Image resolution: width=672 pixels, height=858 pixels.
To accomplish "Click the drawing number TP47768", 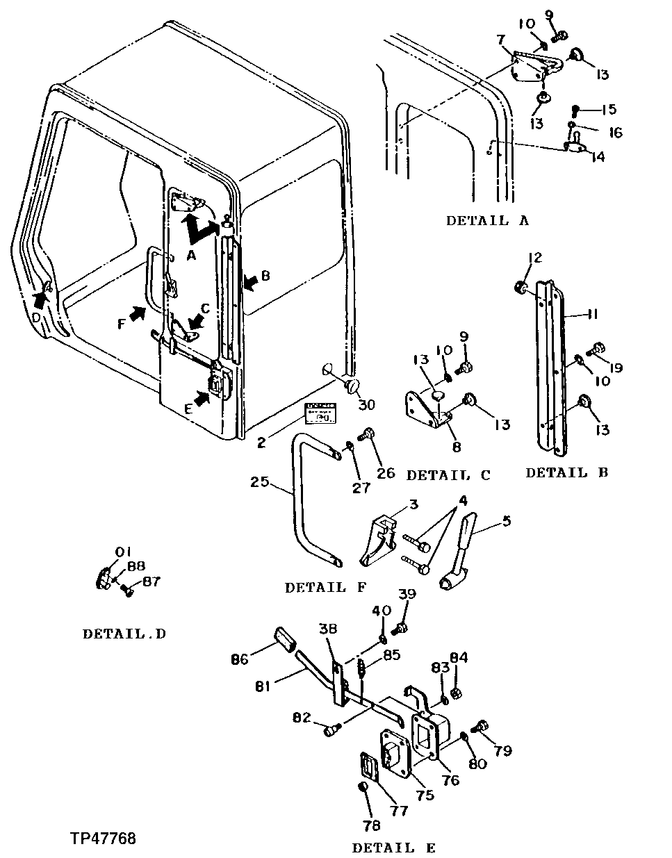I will pos(102,839).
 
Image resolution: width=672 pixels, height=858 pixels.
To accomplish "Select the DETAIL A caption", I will pos(487,221).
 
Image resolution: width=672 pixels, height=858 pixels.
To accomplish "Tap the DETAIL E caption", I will pos(394,848).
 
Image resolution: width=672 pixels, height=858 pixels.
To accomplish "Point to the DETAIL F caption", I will pos(325,588).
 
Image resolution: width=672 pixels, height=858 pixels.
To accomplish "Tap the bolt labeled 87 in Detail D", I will pos(126,590).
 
